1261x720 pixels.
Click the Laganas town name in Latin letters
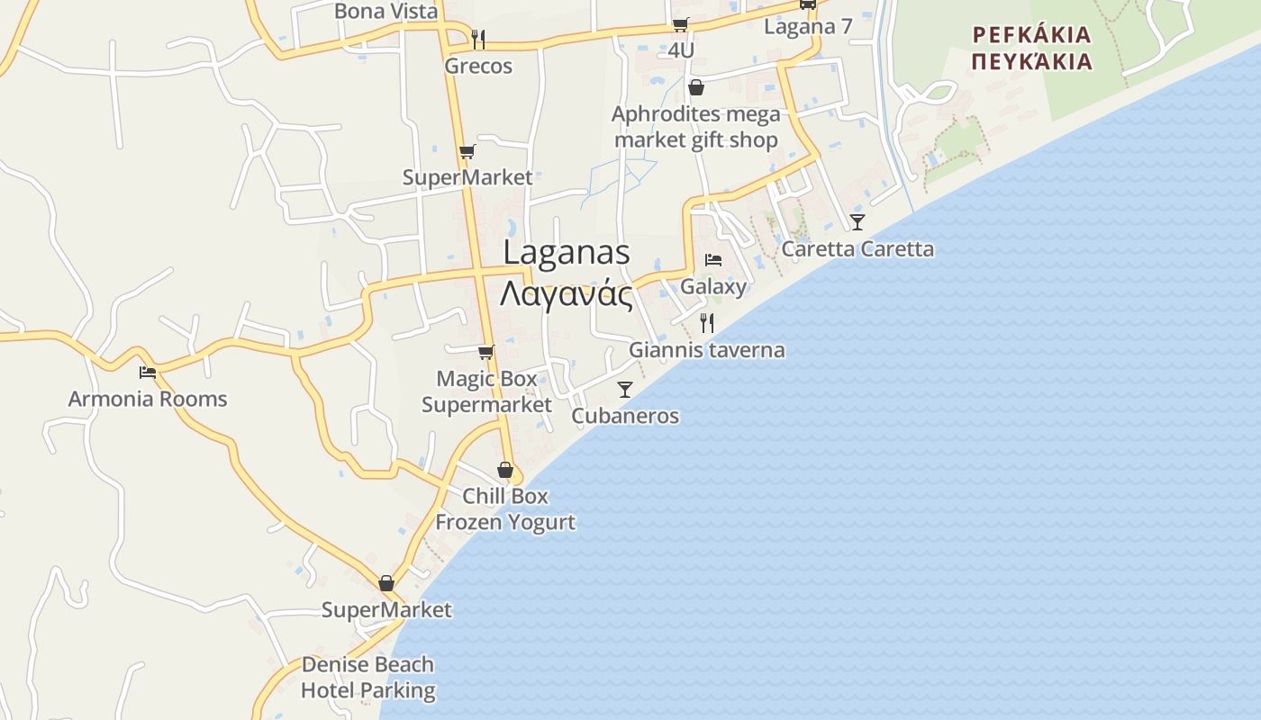pyautogui.click(x=567, y=252)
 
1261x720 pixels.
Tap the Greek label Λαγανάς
pyautogui.click(x=567, y=293)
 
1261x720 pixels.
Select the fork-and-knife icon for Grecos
pyautogui.click(x=478, y=40)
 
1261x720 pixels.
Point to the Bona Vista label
pyautogui.click(x=386, y=11)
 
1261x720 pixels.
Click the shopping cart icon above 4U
pyautogui.click(x=681, y=24)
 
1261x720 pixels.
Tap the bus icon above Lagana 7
pyautogui.click(x=808, y=4)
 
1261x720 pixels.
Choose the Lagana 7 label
pyautogui.click(x=808, y=26)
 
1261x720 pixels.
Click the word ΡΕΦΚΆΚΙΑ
pyautogui.click(x=1032, y=36)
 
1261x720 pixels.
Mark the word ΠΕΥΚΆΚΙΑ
pyautogui.click(x=1032, y=62)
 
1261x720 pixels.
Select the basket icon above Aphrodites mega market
pyautogui.click(x=696, y=87)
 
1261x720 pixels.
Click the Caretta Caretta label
pyautogui.click(x=857, y=249)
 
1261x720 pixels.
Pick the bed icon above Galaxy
pyautogui.click(x=713, y=260)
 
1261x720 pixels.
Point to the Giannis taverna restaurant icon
pyautogui.click(x=707, y=323)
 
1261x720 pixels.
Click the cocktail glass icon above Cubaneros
pyautogui.click(x=625, y=390)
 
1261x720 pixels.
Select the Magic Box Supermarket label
pyautogui.click(x=486, y=391)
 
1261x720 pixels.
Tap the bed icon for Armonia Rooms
pyautogui.click(x=148, y=372)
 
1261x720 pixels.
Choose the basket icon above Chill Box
pyautogui.click(x=505, y=471)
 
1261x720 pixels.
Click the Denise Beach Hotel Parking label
pyautogui.click(x=367, y=678)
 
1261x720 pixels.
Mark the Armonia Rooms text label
pyautogui.click(x=148, y=399)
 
